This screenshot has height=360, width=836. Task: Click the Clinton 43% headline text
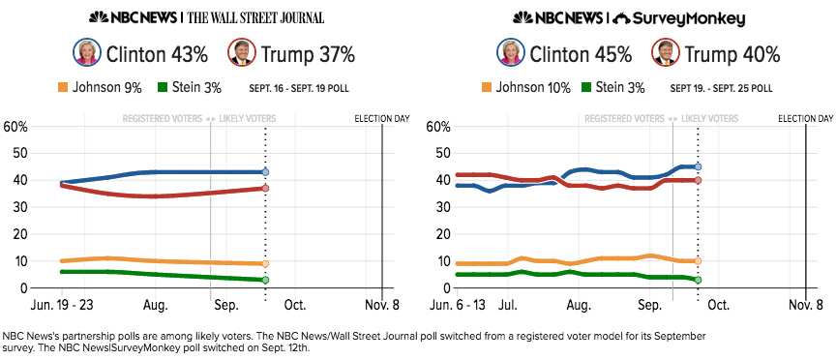pyautogui.click(x=158, y=54)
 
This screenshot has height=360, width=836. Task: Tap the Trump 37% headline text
pyautogui.click(x=308, y=54)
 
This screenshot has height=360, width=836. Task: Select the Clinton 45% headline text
pyautogui.click(x=581, y=54)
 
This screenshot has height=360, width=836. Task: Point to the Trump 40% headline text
pyautogui.click(x=732, y=54)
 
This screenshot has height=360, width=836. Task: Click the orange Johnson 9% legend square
pyautogui.click(x=62, y=87)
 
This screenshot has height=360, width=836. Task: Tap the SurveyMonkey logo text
pyautogui.click(x=688, y=19)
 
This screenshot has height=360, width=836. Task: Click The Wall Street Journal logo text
pyautogui.click(x=255, y=17)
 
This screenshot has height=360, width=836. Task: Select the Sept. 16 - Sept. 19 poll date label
pyautogui.click(x=299, y=88)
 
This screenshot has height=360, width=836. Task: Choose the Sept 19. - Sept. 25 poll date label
pyautogui.click(x=722, y=88)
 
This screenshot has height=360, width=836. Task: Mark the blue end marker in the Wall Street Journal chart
pyautogui.click(x=265, y=172)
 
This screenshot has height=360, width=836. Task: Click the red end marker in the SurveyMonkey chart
pyautogui.click(x=698, y=180)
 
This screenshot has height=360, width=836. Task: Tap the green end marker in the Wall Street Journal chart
pyautogui.click(x=265, y=280)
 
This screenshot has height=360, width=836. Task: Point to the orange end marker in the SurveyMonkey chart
pyautogui.click(x=698, y=260)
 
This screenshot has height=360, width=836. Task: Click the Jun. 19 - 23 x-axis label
pyautogui.click(x=61, y=305)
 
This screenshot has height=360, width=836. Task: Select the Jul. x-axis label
pyautogui.click(x=509, y=305)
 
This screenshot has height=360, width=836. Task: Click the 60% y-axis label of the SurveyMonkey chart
pyautogui.click(x=439, y=127)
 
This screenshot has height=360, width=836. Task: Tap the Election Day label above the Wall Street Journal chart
pyautogui.click(x=382, y=118)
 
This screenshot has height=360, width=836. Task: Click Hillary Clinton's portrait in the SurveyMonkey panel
pyautogui.click(x=511, y=52)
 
